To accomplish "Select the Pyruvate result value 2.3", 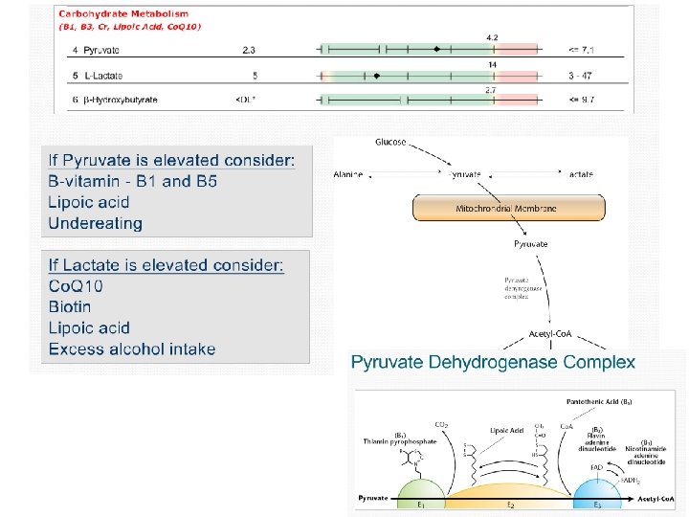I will (x=248, y=48).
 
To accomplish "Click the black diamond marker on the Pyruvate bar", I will (x=436, y=48).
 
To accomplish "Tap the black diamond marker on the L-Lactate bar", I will (x=377, y=74).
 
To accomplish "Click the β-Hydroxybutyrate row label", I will (x=114, y=99).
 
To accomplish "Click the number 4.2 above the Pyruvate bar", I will (x=492, y=36).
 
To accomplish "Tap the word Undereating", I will (x=95, y=223).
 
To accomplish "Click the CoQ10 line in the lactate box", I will (x=76, y=286).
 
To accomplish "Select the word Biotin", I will (x=70, y=306).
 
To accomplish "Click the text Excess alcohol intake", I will (x=132, y=348).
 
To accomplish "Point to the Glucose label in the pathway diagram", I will (x=390, y=143).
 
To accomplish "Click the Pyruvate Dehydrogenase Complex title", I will (x=493, y=362).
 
